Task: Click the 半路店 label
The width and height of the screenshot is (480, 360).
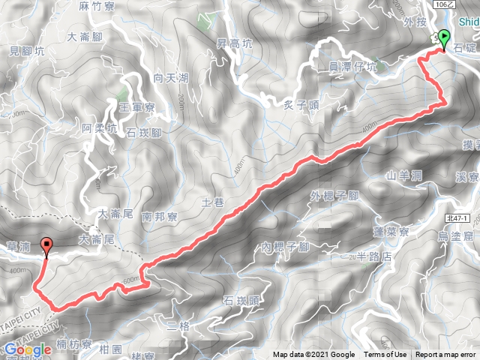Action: tap(376, 256)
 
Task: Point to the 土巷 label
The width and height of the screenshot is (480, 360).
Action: tap(214, 202)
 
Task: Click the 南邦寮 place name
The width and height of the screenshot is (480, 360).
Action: tap(158, 216)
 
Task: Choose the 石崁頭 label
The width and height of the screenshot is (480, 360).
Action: tap(241, 301)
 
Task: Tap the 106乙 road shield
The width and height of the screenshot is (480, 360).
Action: tap(464, 4)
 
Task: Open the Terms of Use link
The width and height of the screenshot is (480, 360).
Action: tap(385, 355)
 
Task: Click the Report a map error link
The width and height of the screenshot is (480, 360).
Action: tap(447, 355)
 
